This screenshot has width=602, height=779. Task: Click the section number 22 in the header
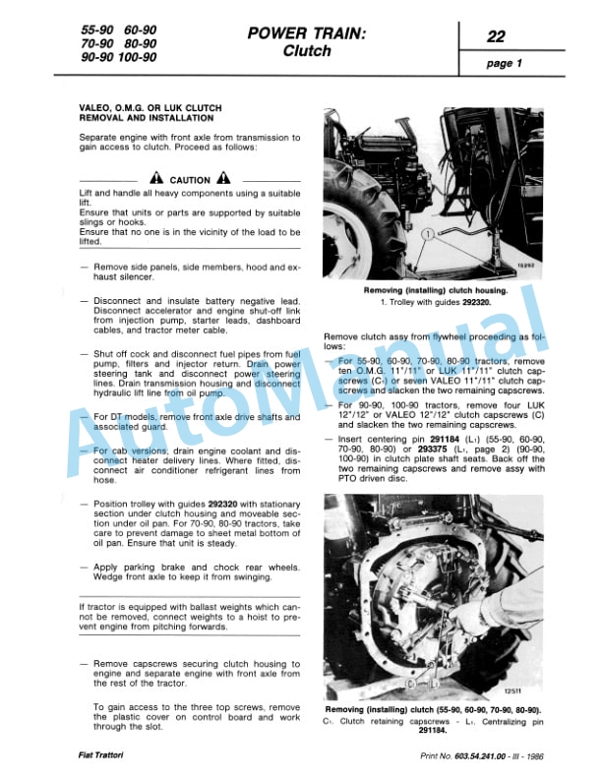pos(498,37)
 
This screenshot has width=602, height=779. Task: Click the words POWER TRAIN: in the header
pos(306,34)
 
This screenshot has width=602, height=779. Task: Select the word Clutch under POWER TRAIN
pos(306,52)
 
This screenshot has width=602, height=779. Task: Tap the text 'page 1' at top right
pos(505,64)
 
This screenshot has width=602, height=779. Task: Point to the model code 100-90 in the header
pos(138,58)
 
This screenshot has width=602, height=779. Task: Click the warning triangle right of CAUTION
pos(224,179)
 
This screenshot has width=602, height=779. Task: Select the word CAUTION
pos(190,180)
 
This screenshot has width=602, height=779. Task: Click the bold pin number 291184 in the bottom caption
pos(432,731)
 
